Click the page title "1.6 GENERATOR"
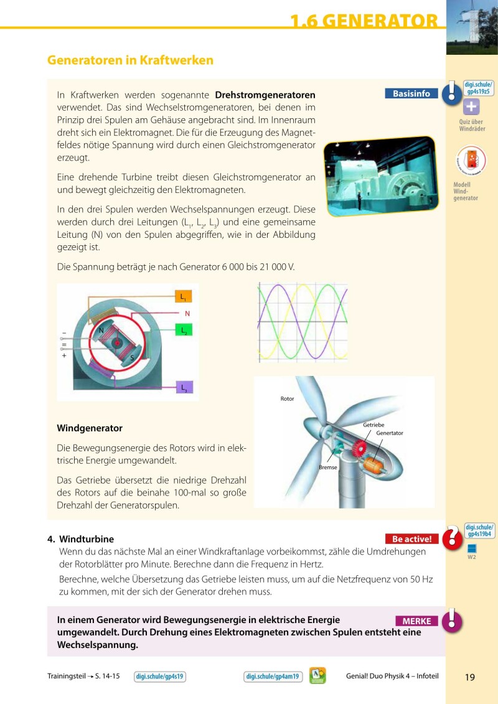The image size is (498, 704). click(364, 21)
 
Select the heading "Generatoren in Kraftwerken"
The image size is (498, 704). click(130, 60)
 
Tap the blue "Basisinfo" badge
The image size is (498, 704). click(411, 93)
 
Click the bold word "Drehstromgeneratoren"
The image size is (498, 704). click(265, 95)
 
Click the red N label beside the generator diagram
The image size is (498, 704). click(187, 314)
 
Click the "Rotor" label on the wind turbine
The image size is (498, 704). click(287, 398)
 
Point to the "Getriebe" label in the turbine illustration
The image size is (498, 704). click(374, 425)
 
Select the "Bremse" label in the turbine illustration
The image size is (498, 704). click(328, 466)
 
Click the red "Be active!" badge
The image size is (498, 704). click(411, 539)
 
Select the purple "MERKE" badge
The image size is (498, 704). click(416, 621)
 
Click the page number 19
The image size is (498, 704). click(470, 677)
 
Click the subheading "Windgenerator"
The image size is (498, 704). click(90, 428)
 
